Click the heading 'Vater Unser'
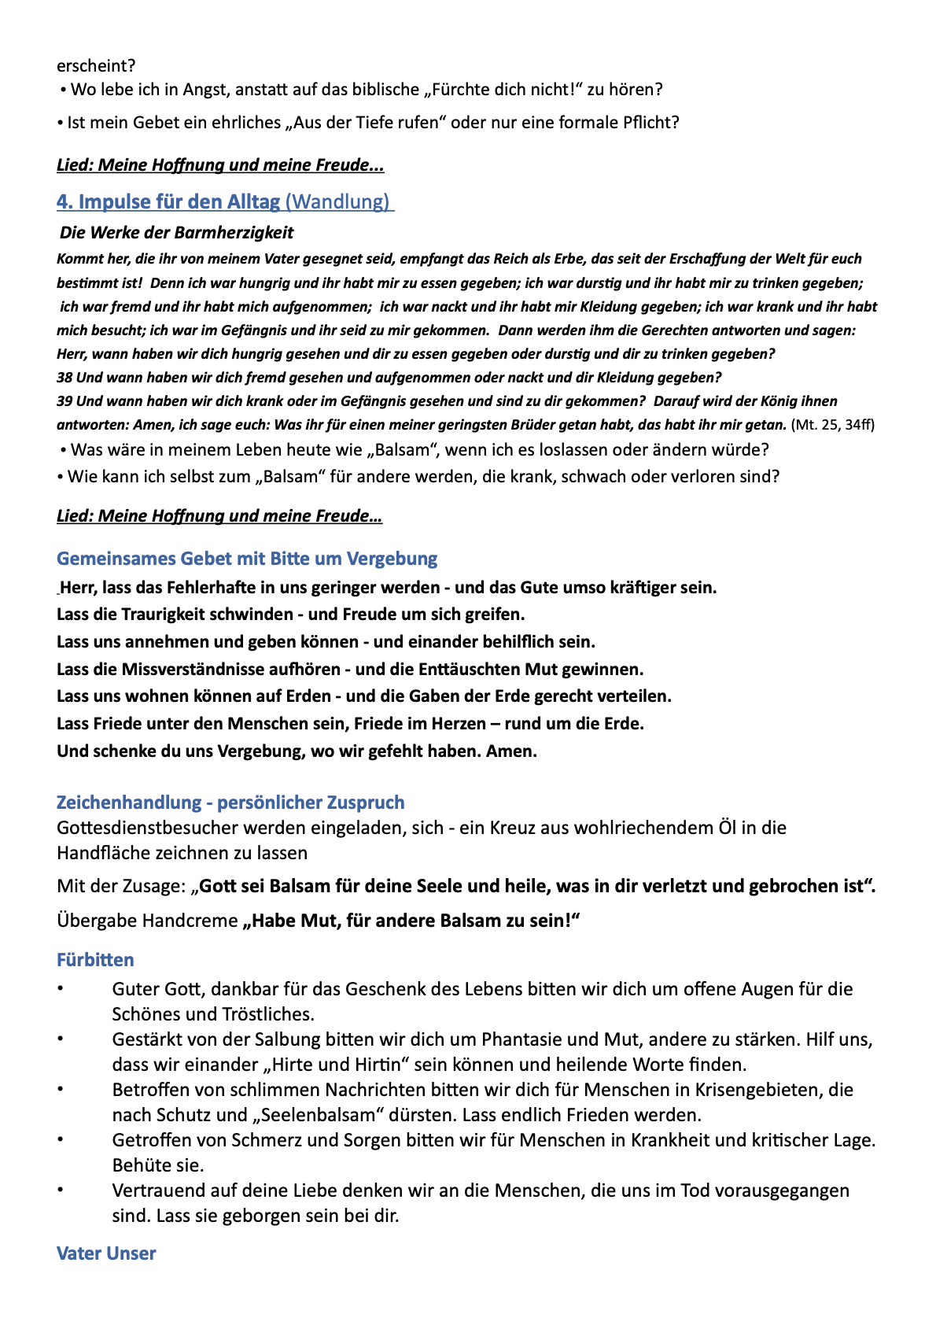pos(106,1253)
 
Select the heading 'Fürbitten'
pos(95,960)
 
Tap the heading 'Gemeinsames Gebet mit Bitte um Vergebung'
pos(247,559)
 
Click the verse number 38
pos(64,378)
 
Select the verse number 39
pos(64,401)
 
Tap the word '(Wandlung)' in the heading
pos(337,202)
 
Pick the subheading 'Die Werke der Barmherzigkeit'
pos(176,233)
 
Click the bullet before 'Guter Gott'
pos(61,989)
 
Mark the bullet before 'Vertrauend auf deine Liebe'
pos(61,1190)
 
